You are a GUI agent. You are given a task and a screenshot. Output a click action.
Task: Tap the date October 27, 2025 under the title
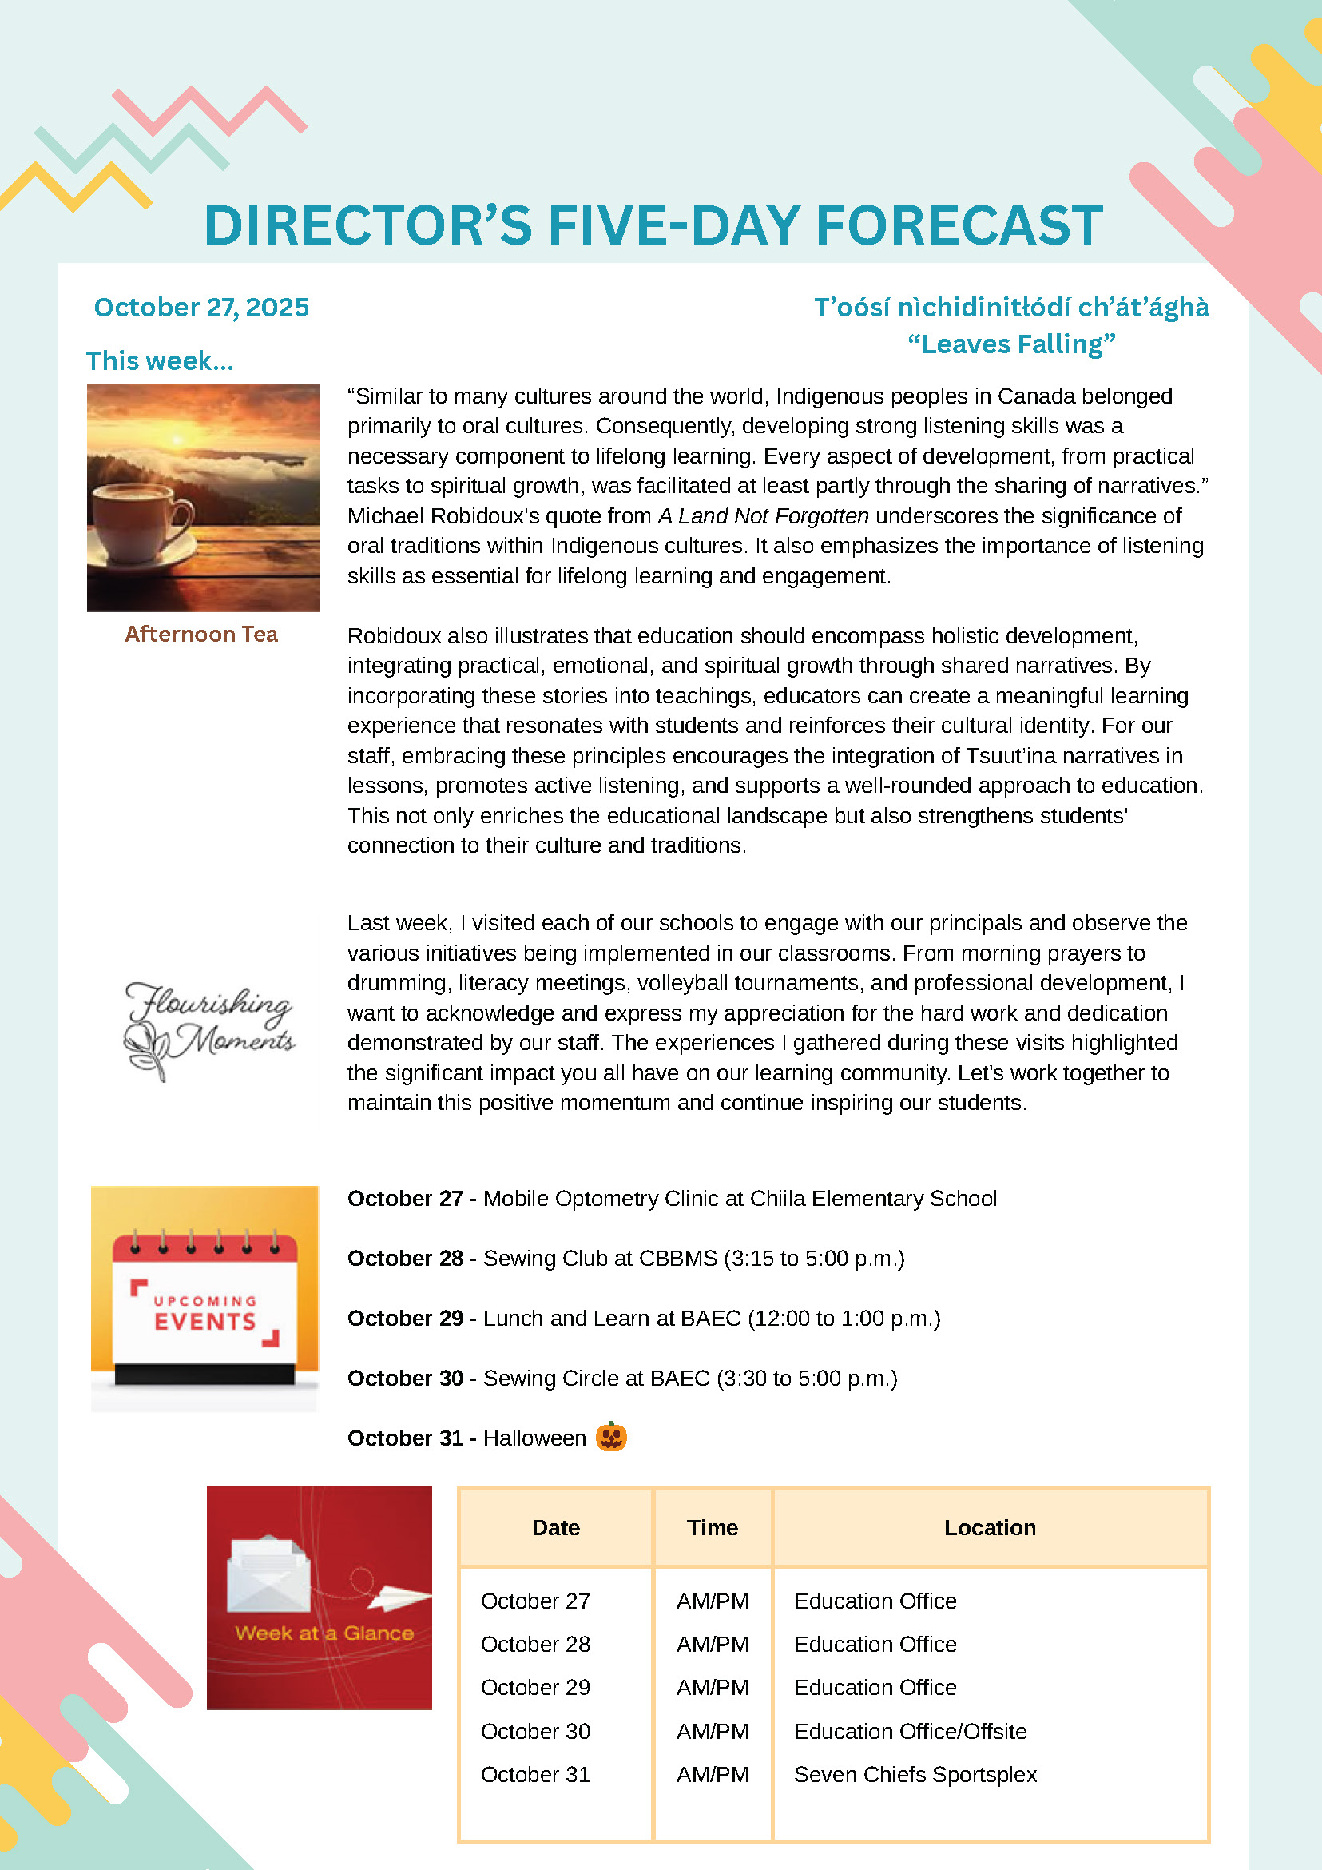tap(201, 307)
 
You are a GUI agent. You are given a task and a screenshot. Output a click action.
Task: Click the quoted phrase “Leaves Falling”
tap(1011, 344)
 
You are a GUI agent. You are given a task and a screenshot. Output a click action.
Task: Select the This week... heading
tap(160, 360)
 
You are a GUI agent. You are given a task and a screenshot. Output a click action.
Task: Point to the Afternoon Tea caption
tap(201, 634)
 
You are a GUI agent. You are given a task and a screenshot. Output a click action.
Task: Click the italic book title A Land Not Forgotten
tap(763, 515)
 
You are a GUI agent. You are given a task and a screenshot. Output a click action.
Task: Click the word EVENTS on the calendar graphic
tap(205, 1321)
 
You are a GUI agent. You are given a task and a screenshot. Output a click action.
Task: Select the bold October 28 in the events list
tap(404, 1259)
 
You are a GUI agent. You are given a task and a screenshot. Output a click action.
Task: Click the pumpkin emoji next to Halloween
tap(610, 1437)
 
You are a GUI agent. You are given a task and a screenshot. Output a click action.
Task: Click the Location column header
tap(989, 1527)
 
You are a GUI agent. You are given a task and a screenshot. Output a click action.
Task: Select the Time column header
tap(712, 1527)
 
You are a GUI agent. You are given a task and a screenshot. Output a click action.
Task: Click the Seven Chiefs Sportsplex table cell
tap(915, 1774)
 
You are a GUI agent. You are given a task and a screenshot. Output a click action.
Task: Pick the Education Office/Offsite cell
tap(909, 1731)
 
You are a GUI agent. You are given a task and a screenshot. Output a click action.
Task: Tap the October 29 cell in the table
tap(535, 1687)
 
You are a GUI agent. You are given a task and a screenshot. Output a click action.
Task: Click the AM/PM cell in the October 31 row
tap(712, 1774)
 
